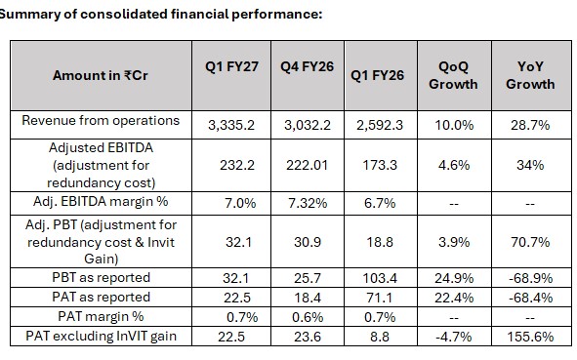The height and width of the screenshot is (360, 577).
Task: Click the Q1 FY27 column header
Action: pyautogui.click(x=231, y=67)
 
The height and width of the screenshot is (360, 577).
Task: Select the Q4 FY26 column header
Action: pyautogui.click(x=307, y=67)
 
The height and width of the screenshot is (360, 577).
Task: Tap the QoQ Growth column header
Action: pyautogui.click(x=453, y=75)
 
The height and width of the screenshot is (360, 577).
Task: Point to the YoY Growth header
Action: pyautogui.click(x=530, y=75)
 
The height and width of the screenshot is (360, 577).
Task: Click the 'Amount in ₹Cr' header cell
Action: pyautogui.click(x=101, y=75)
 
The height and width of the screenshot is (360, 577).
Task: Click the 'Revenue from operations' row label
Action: pyautogui.click(x=101, y=121)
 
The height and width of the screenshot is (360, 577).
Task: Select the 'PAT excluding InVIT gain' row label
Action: pyautogui.click(x=101, y=337)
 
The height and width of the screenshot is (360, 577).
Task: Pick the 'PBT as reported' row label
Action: pyautogui.click(x=102, y=277)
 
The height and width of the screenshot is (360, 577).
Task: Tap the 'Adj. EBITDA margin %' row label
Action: pyautogui.click(x=101, y=202)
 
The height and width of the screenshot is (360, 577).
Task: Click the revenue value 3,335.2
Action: pyautogui.click(x=231, y=126)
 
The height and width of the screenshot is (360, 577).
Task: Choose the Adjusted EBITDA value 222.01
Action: pyautogui.click(x=307, y=165)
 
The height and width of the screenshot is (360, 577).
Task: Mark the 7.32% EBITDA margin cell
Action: pyautogui.click(x=308, y=203)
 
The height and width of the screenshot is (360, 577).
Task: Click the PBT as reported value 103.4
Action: pyautogui.click(x=380, y=278)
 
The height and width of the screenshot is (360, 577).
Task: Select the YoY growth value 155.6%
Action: pyautogui.click(x=530, y=337)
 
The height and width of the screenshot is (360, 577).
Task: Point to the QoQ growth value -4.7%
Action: pyautogui.click(x=453, y=337)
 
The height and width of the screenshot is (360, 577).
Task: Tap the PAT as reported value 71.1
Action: pyautogui.click(x=380, y=298)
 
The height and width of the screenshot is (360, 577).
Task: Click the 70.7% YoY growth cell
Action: pyautogui.click(x=530, y=242)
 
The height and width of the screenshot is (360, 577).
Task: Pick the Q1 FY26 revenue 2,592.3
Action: pyautogui.click(x=380, y=126)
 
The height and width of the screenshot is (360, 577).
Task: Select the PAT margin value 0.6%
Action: pyautogui.click(x=308, y=317)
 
